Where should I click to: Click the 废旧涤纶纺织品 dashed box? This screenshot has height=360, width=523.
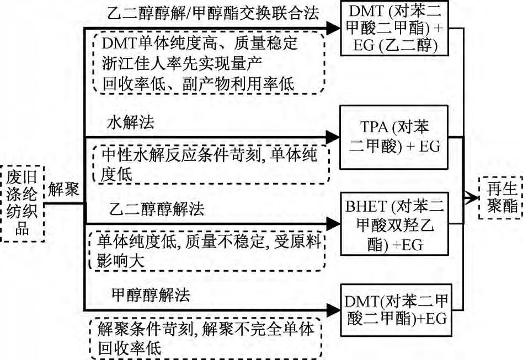[23, 203]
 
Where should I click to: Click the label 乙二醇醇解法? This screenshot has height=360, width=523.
[149, 209]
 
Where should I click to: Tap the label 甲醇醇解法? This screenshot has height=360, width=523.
[143, 295]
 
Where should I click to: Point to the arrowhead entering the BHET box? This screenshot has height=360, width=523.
[333, 223]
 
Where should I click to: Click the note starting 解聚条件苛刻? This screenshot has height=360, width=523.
[205, 338]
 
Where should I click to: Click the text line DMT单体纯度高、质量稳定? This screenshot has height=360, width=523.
[197, 43]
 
